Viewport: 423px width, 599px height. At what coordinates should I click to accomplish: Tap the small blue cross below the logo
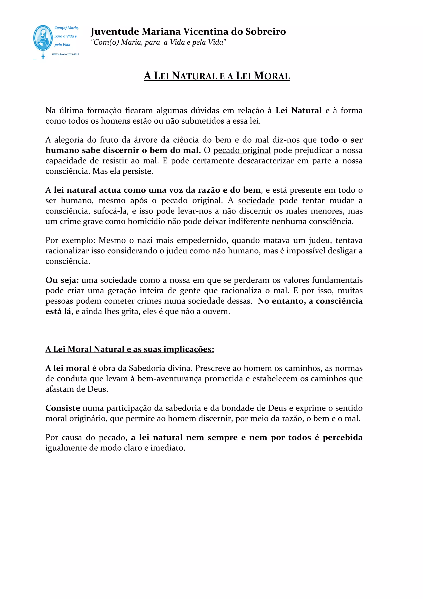pos(43,56)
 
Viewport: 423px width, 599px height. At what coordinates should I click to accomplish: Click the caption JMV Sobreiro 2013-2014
pos(65,54)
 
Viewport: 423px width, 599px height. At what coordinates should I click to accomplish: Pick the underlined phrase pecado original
pos(242,150)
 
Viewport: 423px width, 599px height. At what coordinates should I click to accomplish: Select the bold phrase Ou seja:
pos(62,280)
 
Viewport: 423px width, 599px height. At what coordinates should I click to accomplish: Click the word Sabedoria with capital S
pos(145,368)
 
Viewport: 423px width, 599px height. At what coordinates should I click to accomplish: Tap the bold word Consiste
pos(63,408)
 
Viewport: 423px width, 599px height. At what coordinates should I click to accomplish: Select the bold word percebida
pos(342,437)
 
